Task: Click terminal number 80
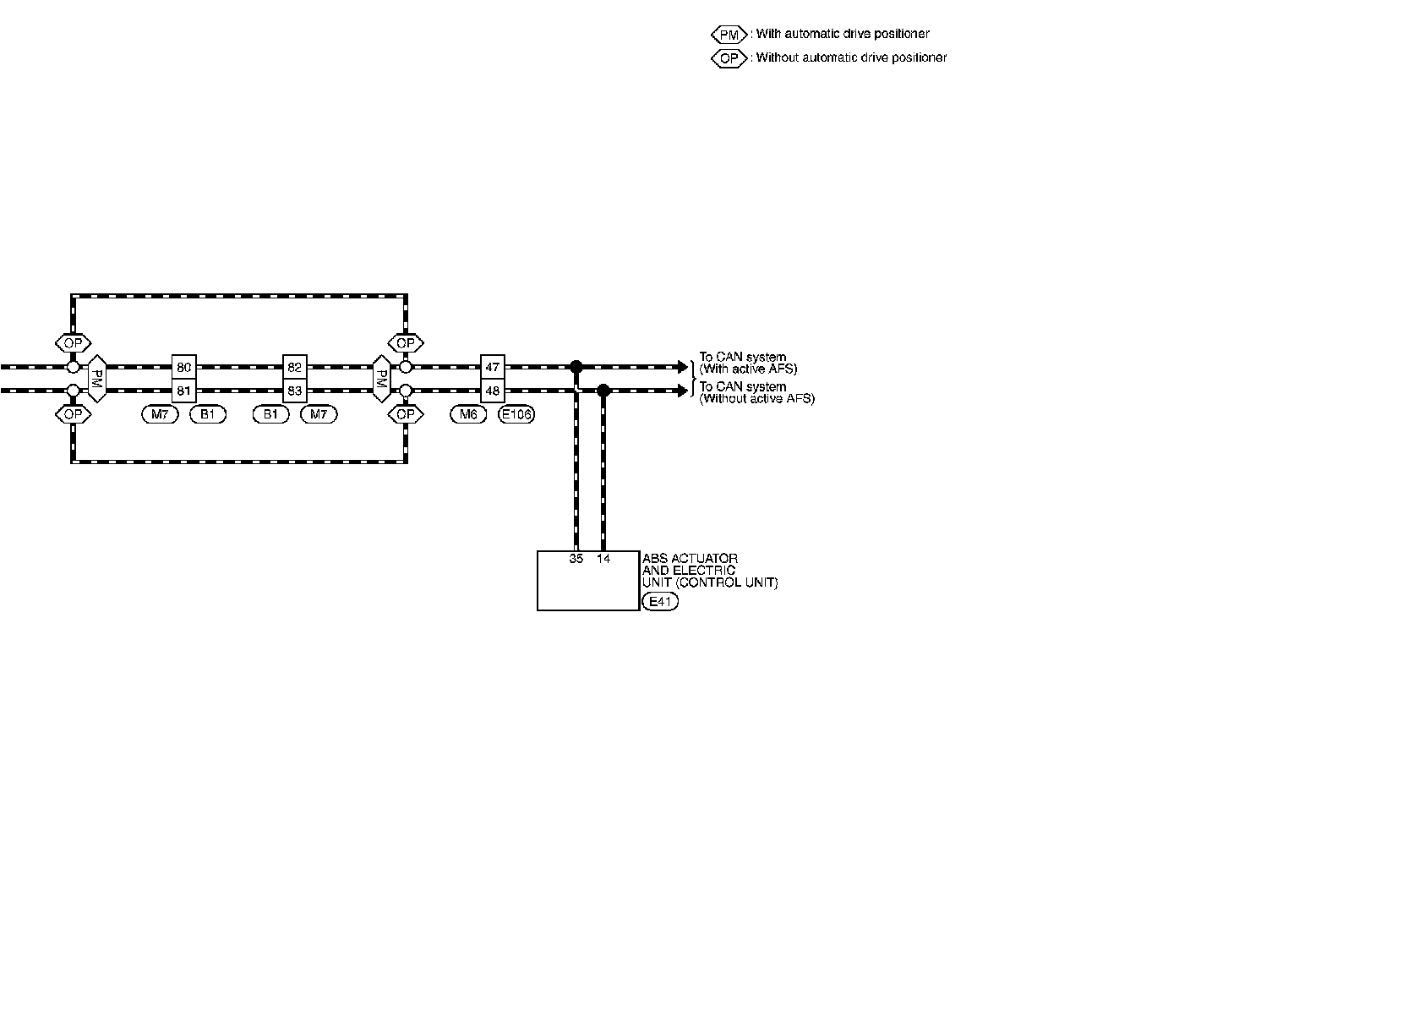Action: click(x=184, y=367)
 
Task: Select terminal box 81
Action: click(x=184, y=391)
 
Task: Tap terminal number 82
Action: click(x=294, y=367)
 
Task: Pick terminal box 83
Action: click(x=294, y=391)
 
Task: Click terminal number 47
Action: click(x=493, y=367)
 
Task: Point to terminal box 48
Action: click(x=493, y=391)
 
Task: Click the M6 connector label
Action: click(x=468, y=414)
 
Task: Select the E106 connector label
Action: click(x=516, y=414)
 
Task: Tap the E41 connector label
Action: click(x=660, y=602)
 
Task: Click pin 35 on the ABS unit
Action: click(x=576, y=559)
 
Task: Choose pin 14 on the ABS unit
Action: click(x=603, y=559)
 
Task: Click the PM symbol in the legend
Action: click(x=729, y=35)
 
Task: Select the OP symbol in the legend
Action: click(x=729, y=58)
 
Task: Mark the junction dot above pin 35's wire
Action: click(x=576, y=367)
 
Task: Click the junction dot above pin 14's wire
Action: click(x=603, y=391)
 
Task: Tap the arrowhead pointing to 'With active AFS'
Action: click(x=685, y=367)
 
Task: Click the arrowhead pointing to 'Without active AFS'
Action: click(x=685, y=391)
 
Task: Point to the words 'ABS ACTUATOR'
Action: click(x=690, y=559)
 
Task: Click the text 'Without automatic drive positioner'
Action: click(x=851, y=58)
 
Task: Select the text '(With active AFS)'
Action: click(x=748, y=369)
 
